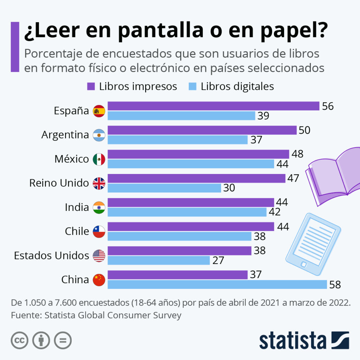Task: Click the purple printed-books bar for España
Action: (213, 106)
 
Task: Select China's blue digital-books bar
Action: (217, 284)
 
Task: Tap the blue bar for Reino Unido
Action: (164, 188)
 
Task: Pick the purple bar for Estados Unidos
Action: (179, 251)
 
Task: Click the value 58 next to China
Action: (335, 284)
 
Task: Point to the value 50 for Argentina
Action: (304, 130)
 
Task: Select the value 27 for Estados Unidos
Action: (218, 261)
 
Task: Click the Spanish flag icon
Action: (99, 111)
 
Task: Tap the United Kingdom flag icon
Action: (99, 183)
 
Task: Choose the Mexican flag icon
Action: (99, 159)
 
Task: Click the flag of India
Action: (99, 207)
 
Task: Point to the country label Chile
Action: (77, 231)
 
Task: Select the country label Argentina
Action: (65, 135)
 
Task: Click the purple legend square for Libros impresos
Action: (91, 86)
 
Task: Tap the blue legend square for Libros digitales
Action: (193, 86)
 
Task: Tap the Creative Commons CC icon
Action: (20, 340)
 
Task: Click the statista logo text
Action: (292, 341)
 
